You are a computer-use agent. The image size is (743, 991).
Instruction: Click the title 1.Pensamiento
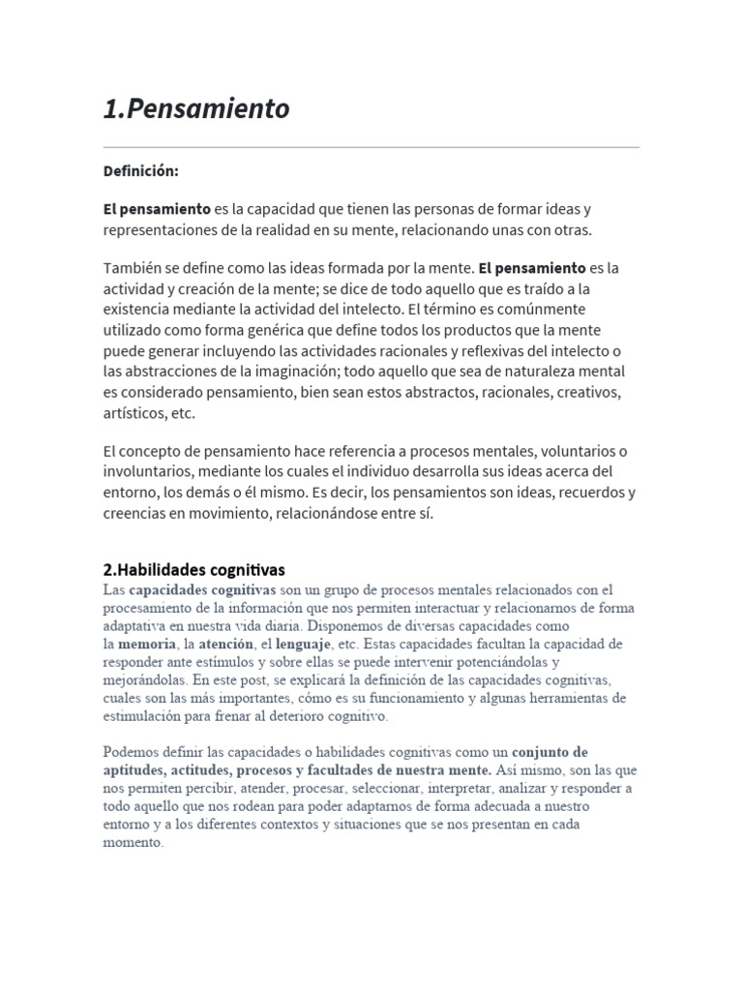pyautogui.click(x=196, y=108)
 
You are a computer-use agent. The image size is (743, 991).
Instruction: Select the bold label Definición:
pyautogui.click(x=140, y=171)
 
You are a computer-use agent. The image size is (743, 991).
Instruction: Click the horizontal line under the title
pyautogui.click(x=371, y=147)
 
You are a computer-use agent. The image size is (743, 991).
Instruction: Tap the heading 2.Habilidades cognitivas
pyautogui.click(x=194, y=570)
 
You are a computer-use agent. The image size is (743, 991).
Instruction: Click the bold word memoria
pyautogui.click(x=147, y=644)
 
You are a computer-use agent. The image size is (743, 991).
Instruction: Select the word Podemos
pyautogui.click(x=133, y=752)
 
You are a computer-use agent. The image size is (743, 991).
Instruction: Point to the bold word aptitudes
pyautogui.click(x=134, y=770)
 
